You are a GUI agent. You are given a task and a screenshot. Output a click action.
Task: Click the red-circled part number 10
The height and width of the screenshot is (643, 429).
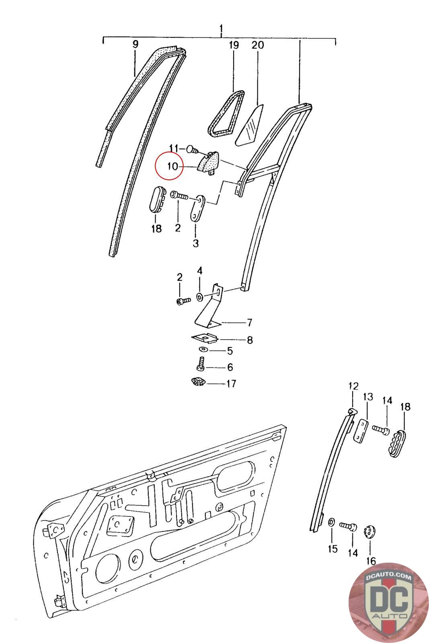click(x=172, y=166)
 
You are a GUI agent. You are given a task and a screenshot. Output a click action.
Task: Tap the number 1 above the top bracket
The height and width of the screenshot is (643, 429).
click(x=221, y=29)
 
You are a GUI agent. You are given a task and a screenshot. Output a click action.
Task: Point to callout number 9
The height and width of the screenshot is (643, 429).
click(x=135, y=44)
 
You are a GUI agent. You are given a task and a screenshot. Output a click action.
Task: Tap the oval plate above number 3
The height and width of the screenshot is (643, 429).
click(x=197, y=208)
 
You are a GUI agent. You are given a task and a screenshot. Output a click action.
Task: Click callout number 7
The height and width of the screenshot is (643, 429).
click(x=249, y=322)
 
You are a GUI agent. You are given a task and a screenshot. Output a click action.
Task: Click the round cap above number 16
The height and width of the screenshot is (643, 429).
click(x=369, y=532)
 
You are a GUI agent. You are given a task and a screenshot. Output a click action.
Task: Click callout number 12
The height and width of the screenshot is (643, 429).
click(x=353, y=387)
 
